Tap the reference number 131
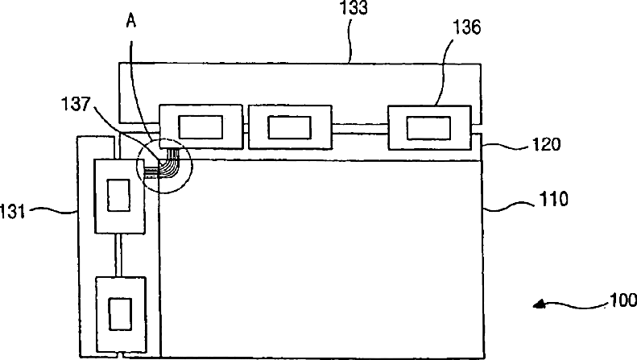(14, 213)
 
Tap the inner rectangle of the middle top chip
(288, 127)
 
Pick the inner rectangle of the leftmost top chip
(201, 126)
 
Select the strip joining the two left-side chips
(118, 254)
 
